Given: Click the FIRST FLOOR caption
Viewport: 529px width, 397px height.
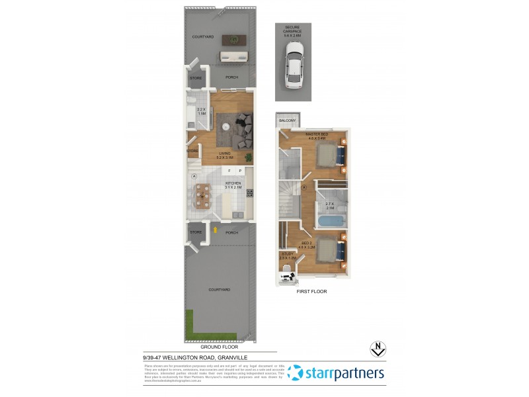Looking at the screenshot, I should click(312, 291).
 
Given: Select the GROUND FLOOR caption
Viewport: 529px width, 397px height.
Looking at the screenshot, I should click(218, 346).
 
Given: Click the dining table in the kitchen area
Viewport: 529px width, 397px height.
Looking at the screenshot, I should click(204, 195).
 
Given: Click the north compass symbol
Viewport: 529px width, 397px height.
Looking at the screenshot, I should click(376, 349).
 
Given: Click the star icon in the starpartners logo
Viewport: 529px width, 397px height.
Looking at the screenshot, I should click(296, 374).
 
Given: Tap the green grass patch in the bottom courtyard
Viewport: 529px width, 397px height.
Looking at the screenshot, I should click(190, 324).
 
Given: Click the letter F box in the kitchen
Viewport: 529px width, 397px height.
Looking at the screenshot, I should click(230, 171).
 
